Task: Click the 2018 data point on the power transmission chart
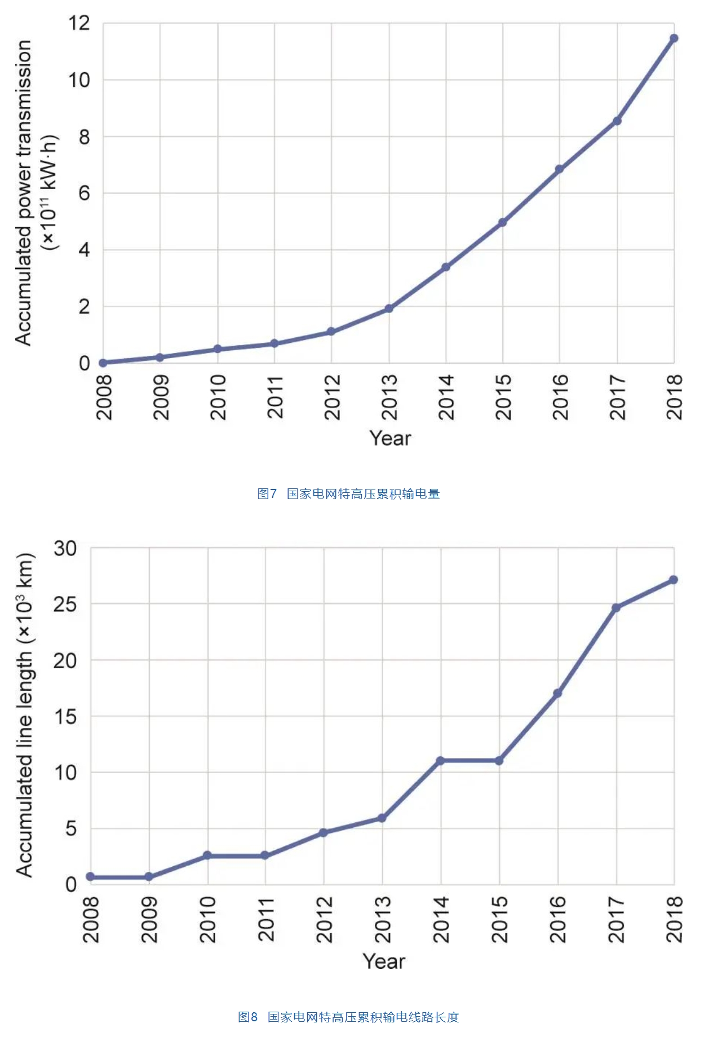674,38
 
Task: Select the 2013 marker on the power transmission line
389,308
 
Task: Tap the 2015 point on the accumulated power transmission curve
502,223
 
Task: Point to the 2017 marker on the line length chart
616,608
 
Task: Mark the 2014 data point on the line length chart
440,761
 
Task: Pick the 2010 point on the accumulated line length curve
207,855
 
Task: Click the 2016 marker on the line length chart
557,693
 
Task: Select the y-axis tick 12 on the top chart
79,23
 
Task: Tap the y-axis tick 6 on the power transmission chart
84,193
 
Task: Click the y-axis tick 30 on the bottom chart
65,548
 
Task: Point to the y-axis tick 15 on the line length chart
65,717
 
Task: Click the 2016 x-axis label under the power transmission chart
560,397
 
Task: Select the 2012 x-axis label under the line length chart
325,920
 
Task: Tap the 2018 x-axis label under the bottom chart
674,920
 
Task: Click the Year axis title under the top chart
390,438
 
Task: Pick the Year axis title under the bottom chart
384,961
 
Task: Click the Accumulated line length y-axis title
25,715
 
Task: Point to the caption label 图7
267,494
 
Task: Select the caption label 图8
247,1017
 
